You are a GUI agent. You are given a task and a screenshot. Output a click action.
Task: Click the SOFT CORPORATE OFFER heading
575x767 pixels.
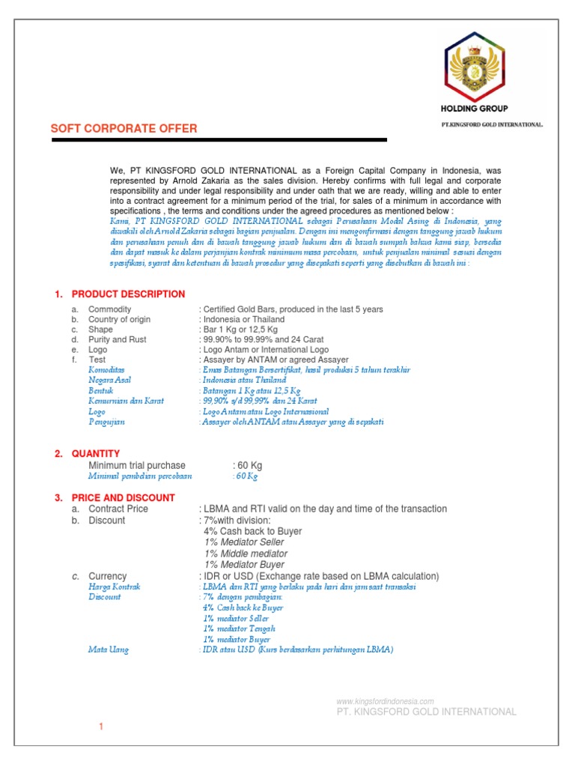point(124,129)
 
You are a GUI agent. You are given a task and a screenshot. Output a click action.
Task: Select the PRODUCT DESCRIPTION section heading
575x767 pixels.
point(128,294)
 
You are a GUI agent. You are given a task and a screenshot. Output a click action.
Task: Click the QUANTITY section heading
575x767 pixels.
point(95,454)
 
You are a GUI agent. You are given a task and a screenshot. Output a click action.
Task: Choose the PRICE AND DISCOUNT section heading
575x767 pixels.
point(123,497)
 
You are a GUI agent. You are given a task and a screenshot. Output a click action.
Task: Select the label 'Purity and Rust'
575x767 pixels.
point(118,340)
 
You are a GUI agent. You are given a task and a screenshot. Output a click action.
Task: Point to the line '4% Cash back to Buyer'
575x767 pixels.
point(252,531)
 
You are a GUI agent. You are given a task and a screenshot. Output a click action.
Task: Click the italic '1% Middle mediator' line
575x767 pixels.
point(246,554)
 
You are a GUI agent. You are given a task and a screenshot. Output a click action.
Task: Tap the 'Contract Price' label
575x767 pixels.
point(118,509)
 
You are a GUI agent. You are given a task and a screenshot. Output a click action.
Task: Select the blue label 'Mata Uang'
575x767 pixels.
point(109,650)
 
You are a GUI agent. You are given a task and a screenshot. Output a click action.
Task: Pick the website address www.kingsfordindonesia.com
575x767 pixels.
point(386,701)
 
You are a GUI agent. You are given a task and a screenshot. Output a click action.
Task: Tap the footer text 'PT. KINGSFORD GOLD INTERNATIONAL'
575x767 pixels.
point(426,712)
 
